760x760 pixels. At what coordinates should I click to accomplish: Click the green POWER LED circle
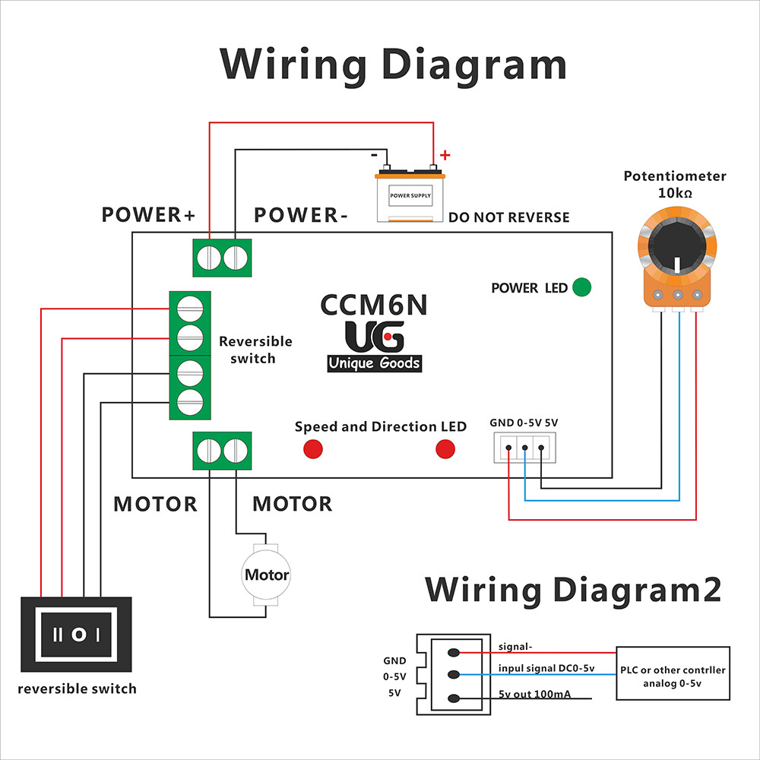[x=581, y=287]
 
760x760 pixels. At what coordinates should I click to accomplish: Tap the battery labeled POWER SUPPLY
[x=410, y=193]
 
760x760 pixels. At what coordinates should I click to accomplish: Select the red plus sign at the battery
[x=445, y=155]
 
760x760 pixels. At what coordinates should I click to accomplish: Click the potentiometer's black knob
[x=677, y=244]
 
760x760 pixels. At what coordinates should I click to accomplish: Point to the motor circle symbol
[x=266, y=575]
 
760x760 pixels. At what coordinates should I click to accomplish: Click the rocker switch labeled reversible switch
[x=76, y=635]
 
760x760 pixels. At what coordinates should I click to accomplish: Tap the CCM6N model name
[x=374, y=305]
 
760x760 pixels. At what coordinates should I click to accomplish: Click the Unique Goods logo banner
[x=375, y=363]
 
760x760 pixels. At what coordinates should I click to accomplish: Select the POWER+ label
[x=148, y=215]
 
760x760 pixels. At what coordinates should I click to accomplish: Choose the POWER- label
[x=300, y=215]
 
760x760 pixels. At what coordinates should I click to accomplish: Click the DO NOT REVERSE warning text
[x=509, y=217]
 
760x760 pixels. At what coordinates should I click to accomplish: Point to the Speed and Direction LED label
[x=381, y=426]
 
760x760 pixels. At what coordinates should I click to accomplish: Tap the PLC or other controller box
[x=673, y=673]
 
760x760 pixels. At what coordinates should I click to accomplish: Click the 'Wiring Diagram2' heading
[x=573, y=590]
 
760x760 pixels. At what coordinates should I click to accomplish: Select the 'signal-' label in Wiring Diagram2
[x=515, y=647]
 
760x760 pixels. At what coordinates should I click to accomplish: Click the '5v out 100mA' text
[x=534, y=694]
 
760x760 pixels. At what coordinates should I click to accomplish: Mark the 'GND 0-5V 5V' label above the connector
[x=524, y=423]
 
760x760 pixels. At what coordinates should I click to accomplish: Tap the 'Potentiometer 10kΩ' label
[x=675, y=184]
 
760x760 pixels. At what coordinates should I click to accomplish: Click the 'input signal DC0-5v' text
[x=546, y=668]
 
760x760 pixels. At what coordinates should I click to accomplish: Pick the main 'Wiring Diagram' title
[x=393, y=65]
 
